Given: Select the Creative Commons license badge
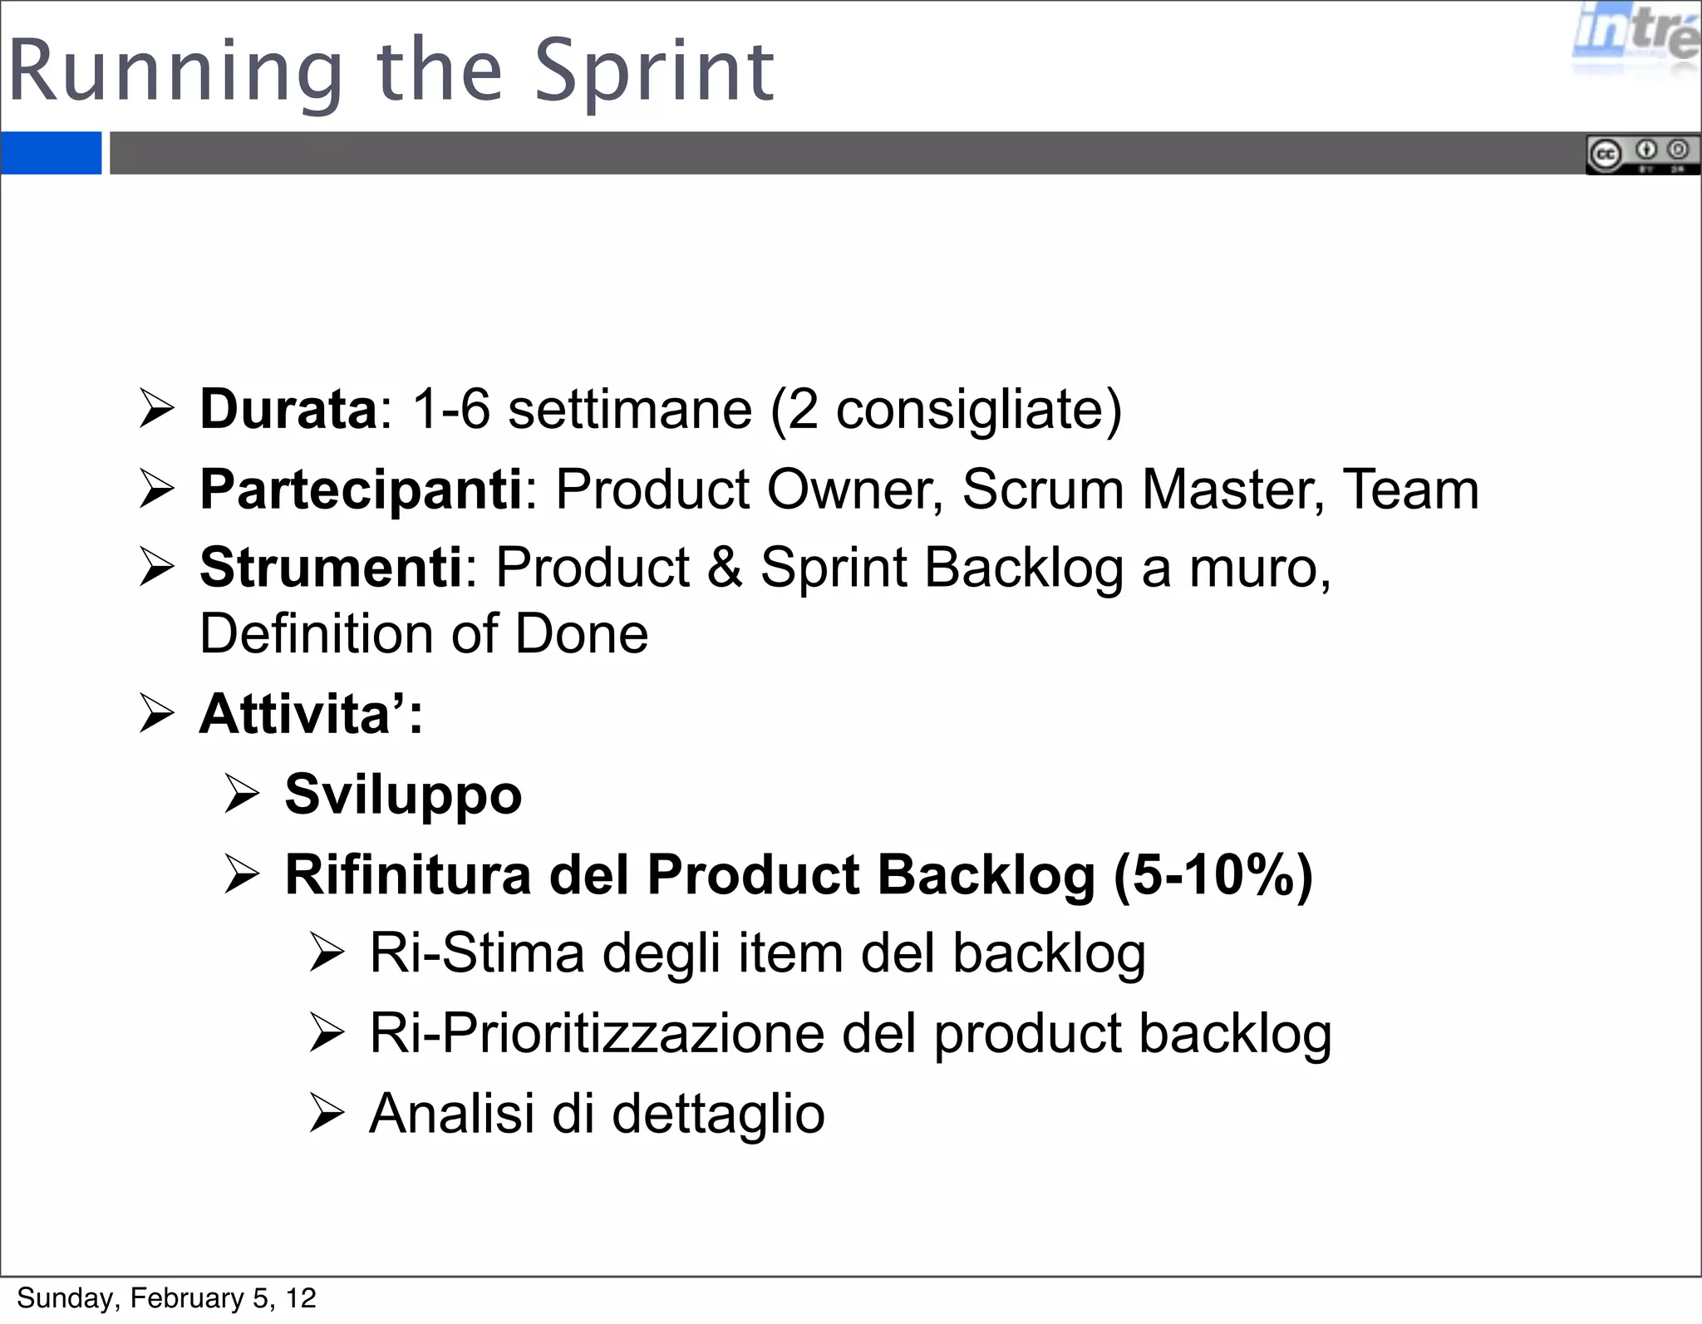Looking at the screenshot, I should click(x=1641, y=155).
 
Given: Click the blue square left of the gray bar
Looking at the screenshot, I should click(x=51, y=153).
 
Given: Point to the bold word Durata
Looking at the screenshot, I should click(x=288, y=409).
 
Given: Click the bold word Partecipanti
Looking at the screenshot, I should click(x=361, y=490).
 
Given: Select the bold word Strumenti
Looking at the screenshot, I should click(x=331, y=568).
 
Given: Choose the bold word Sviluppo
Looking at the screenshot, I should click(x=403, y=795).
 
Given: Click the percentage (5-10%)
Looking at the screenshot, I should click(x=1213, y=875).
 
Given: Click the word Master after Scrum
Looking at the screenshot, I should click(x=1232, y=490).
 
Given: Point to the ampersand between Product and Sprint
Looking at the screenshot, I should click(x=725, y=568).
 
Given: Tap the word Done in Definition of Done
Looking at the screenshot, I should click(x=581, y=635).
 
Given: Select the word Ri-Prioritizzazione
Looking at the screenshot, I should click(x=597, y=1034).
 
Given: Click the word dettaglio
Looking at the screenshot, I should click(x=718, y=1114).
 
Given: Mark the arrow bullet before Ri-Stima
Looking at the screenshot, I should click(x=327, y=953).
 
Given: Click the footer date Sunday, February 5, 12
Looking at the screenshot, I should click(x=166, y=1298).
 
